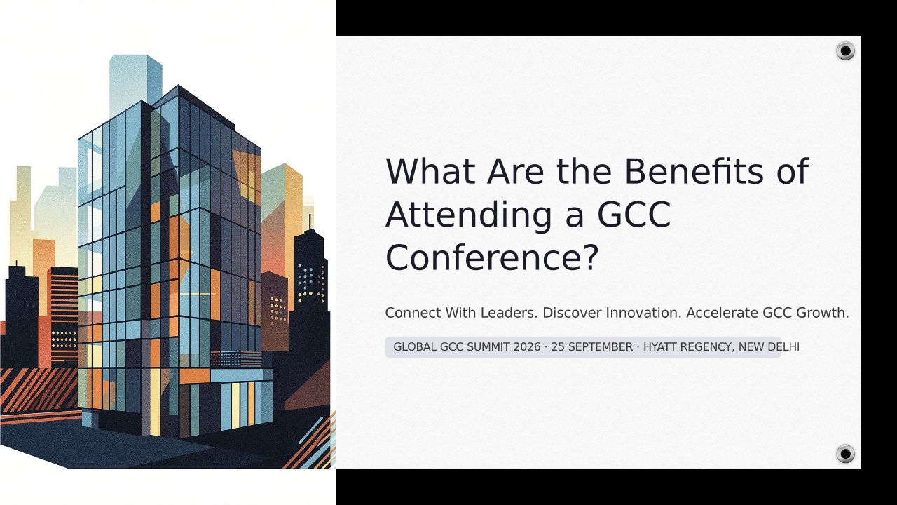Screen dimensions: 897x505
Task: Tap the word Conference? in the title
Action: click(x=492, y=257)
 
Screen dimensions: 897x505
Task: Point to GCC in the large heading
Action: click(x=634, y=215)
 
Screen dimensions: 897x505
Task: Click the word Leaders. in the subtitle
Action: click(x=509, y=313)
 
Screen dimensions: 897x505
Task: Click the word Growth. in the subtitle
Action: click(x=823, y=313)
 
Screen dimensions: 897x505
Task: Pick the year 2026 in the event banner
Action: click(x=527, y=347)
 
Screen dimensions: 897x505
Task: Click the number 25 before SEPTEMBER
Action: click(x=558, y=347)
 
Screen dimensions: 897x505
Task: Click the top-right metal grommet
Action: click(x=845, y=51)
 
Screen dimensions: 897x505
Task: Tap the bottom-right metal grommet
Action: click(x=845, y=454)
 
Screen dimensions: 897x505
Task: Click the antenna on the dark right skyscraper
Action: click(x=310, y=222)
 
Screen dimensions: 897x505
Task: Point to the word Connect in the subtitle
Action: click(x=413, y=313)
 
